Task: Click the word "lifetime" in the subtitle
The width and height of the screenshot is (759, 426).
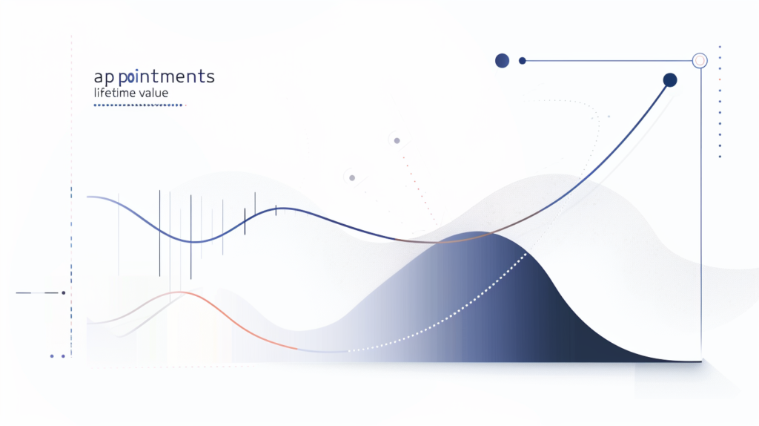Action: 116,94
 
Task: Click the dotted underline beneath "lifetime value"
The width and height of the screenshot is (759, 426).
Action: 139,105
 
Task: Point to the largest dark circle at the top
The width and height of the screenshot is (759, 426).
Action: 502,61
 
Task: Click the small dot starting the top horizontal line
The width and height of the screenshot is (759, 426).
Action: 523,61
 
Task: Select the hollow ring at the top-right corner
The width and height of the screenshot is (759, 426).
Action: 698,61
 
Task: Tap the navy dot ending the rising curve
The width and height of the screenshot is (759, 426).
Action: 670,80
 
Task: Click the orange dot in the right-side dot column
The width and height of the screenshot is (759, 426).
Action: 720,79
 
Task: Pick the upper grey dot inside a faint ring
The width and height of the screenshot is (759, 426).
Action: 397,140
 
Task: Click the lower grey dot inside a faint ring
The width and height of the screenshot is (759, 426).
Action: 352,177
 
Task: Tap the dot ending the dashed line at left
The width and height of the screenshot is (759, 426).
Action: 64,293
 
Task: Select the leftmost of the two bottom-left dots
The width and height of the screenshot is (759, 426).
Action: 52,356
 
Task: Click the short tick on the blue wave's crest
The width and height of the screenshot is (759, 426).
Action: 276,210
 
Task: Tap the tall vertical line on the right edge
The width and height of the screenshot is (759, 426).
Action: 701,223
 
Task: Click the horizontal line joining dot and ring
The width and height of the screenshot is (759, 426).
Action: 608,61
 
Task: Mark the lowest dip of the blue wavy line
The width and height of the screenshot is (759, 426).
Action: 193,242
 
